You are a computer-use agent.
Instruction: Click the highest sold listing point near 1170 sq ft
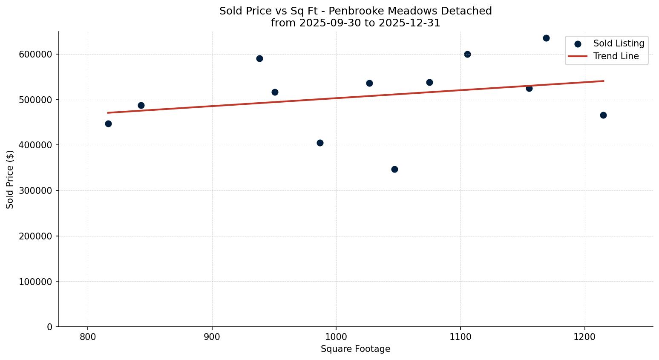pos(546,38)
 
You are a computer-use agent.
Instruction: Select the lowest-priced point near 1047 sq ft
pos(394,169)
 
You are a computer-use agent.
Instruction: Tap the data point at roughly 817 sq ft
pos(108,124)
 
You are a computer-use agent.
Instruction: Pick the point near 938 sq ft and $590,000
pos(259,58)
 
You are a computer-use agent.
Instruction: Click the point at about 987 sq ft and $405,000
pos(320,143)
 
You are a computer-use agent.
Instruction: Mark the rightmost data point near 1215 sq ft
pos(603,115)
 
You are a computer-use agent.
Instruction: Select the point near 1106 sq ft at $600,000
pos(467,54)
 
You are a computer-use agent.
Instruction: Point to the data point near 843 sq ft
pos(141,105)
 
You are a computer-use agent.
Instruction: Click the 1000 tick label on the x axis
pos(336,337)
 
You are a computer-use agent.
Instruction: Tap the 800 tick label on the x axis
pos(88,337)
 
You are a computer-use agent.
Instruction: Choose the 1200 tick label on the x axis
pos(584,337)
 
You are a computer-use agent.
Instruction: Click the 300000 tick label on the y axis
pos(36,190)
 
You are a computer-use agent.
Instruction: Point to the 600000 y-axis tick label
pos(36,54)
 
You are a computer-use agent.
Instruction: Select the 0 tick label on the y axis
pos(50,327)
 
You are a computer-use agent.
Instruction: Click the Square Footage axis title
pos(355,349)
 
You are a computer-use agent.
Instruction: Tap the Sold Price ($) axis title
pos(10,179)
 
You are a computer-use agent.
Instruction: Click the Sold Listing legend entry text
pos(619,43)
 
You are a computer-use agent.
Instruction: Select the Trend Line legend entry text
pos(616,56)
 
